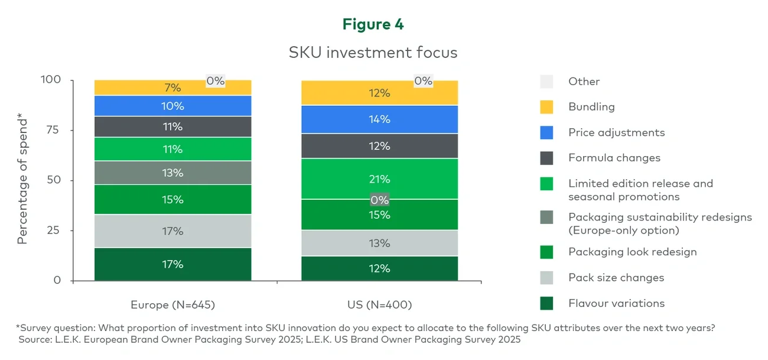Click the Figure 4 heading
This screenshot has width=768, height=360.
pyautogui.click(x=373, y=24)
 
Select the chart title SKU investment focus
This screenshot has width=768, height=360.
pyautogui.click(x=373, y=53)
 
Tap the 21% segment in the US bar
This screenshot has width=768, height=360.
pyautogui.click(x=380, y=179)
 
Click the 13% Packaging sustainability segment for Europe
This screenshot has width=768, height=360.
pyautogui.click(x=173, y=173)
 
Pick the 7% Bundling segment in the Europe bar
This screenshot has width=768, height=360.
pyautogui.click(x=173, y=88)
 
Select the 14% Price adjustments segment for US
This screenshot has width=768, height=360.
pyautogui.click(x=380, y=119)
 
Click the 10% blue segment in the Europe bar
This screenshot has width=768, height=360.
pyautogui.click(x=173, y=106)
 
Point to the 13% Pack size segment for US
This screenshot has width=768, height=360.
pyautogui.click(x=380, y=243)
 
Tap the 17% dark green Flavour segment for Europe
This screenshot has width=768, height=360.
pyautogui.click(x=173, y=264)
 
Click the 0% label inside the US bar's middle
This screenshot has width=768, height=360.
pyautogui.click(x=380, y=200)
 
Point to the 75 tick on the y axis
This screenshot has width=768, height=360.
pyautogui.click(x=53, y=130)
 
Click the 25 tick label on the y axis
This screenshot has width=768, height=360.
pyautogui.click(x=53, y=230)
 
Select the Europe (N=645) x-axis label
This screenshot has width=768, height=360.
pyautogui.click(x=173, y=305)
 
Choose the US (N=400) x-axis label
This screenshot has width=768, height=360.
pyautogui.click(x=379, y=305)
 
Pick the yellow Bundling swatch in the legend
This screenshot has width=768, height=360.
pyautogui.click(x=547, y=107)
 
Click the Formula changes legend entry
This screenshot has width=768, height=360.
pyautogui.click(x=614, y=158)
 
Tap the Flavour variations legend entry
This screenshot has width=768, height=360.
pyautogui.click(x=616, y=303)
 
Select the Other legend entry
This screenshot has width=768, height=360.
pyautogui.click(x=584, y=82)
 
